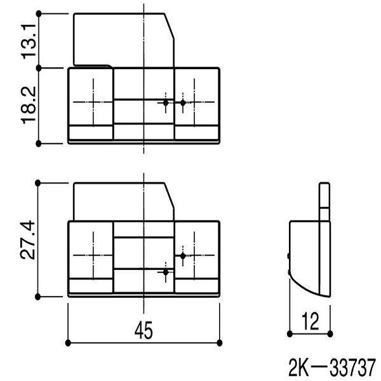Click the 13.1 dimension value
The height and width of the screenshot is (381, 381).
[x=29, y=39]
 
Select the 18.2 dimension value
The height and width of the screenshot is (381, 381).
[x=29, y=105]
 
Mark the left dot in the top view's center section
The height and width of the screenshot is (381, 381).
[x=166, y=102]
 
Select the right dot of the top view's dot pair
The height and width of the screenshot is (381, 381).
[x=183, y=102]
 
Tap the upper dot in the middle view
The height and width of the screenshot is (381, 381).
[x=183, y=255]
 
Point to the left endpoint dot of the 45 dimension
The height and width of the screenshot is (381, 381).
[x=68, y=342]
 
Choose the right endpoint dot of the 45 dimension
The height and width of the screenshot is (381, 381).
[x=220, y=342]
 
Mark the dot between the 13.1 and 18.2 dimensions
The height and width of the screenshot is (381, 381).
[x=39, y=67]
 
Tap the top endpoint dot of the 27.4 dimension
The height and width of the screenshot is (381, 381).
[x=39, y=183]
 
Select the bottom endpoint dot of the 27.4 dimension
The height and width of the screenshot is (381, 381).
[x=39, y=296]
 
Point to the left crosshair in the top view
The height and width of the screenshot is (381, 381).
[x=91, y=102]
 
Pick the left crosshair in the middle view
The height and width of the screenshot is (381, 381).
[x=91, y=255]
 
